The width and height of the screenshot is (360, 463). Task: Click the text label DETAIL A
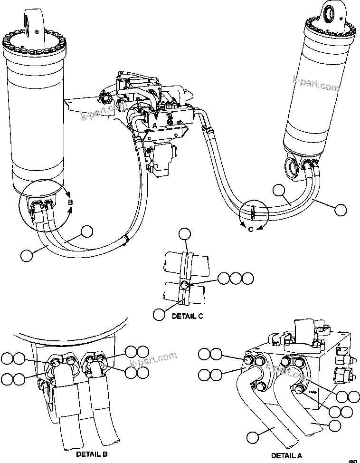coord(286,455)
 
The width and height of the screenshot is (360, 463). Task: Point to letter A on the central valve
coord(154,125)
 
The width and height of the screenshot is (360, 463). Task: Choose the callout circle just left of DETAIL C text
coord(160,314)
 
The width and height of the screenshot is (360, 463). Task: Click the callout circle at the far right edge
coord(340,209)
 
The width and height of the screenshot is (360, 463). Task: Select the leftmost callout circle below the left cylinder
coord(27,255)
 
